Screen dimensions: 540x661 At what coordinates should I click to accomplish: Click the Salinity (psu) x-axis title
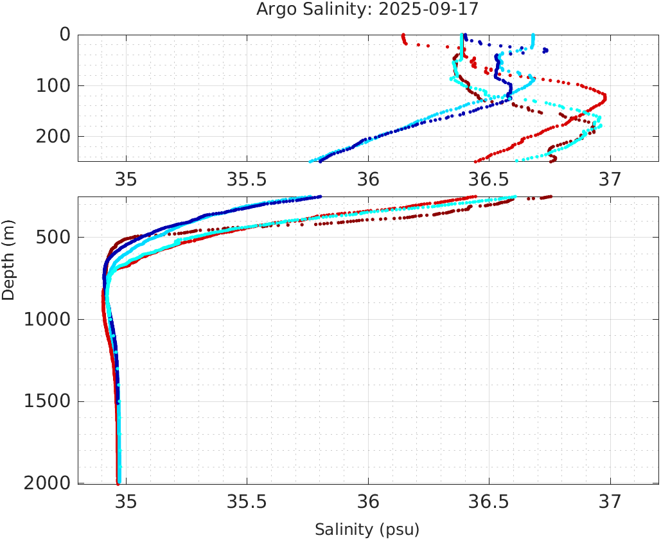(367, 530)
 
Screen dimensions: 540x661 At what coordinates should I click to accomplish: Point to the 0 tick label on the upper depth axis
(65, 35)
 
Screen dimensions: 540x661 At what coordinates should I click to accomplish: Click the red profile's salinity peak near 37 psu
(604, 98)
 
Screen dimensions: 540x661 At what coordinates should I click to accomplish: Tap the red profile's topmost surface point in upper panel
(403, 35)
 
